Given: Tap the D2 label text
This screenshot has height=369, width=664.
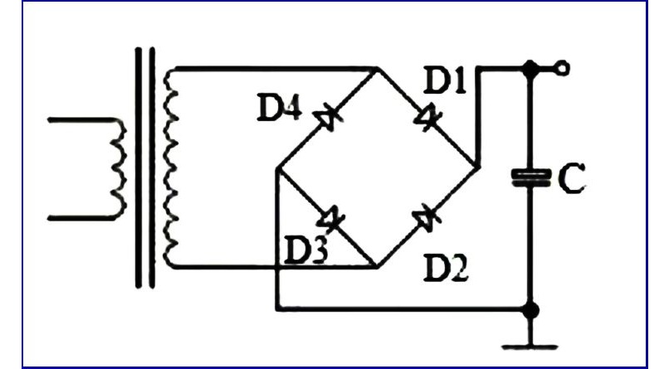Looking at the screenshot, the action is click(x=446, y=269).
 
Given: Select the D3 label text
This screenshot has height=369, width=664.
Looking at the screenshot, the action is click(x=305, y=250).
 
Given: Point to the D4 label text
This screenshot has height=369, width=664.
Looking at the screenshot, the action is click(x=280, y=108).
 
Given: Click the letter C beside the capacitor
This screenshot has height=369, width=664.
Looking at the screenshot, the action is click(x=571, y=178).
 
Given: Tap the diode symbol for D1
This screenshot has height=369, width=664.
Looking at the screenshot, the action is click(x=427, y=117).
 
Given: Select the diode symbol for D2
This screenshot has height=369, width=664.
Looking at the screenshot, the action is click(x=427, y=218).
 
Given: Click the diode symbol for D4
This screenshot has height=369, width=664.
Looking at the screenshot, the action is click(x=327, y=117).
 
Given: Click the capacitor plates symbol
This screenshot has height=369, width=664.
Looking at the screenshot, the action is click(x=531, y=177).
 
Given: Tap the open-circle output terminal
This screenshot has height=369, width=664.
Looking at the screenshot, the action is click(x=563, y=68).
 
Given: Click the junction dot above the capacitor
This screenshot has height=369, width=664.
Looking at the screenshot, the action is click(x=530, y=69).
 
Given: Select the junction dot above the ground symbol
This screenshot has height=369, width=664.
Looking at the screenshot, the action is click(x=530, y=310).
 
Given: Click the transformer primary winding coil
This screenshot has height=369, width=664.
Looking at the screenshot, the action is click(x=119, y=168).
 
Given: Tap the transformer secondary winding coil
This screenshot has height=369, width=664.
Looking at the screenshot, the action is click(x=170, y=168).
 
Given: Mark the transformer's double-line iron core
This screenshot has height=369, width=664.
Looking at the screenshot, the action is click(x=144, y=168).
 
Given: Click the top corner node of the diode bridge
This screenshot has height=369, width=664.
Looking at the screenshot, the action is click(x=377, y=69).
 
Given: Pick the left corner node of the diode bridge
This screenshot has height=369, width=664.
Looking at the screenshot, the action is click(x=277, y=168).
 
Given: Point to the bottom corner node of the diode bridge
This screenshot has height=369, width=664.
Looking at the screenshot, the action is click(x=377, y=267).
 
